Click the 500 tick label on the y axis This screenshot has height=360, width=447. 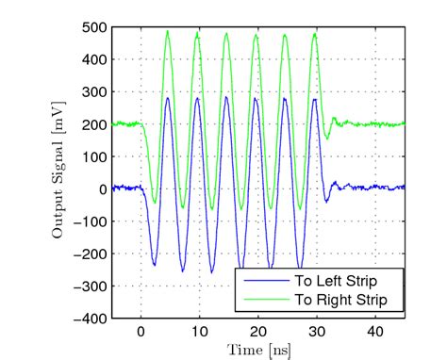pyautogui.click(x=94, y=27)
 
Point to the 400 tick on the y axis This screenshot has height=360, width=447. pyautogui.click(x=94, y=59)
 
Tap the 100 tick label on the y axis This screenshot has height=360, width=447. pyautogui.click(x=94, y=156)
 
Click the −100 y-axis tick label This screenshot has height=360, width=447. pyautogui.click(x=91, y=221)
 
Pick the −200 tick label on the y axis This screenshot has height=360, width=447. pyautogui.click(x=91, y=254)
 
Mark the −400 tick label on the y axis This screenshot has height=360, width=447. pyautogui.click(x=91, y=319)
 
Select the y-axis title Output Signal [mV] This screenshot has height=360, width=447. pyautogui.click(x=58, y=173)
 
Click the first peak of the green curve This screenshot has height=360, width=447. pyautogui.click(x=167, y=31)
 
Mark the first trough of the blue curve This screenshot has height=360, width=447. pyautogui.click(x=155, y=265)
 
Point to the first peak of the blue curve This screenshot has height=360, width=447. pyautogui.click(x=168, y=97)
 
